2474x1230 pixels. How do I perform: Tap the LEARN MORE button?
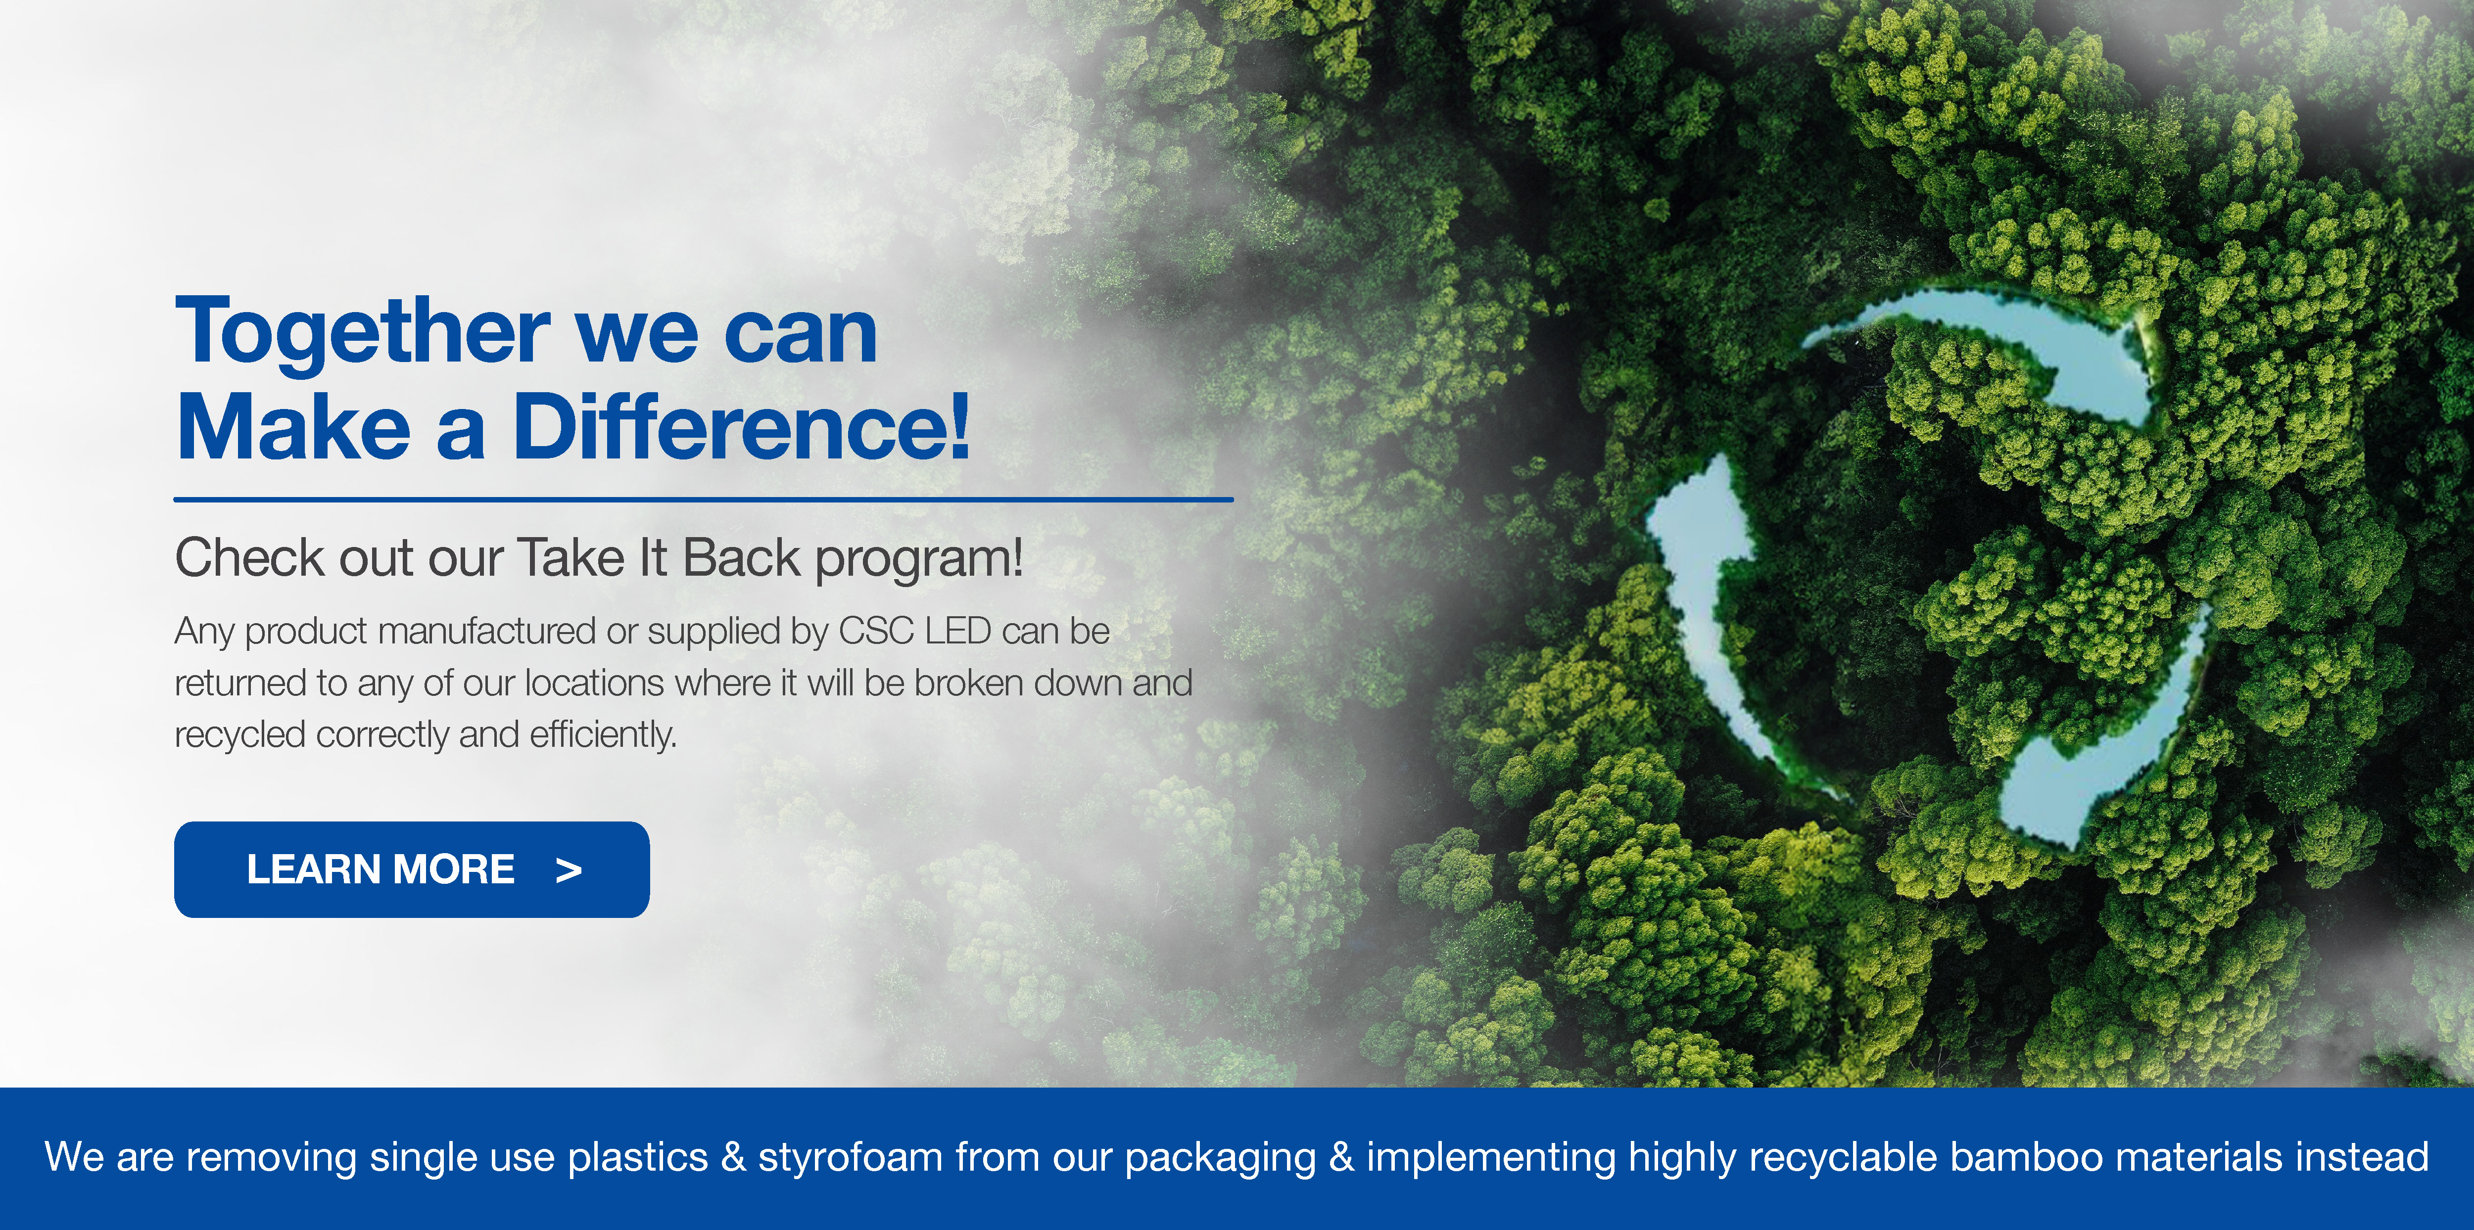tap(411, 869)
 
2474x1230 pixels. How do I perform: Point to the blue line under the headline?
tap(703, 500)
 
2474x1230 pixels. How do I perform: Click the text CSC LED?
tap(914, 631)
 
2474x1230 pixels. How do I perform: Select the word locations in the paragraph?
tap(594, 683)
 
